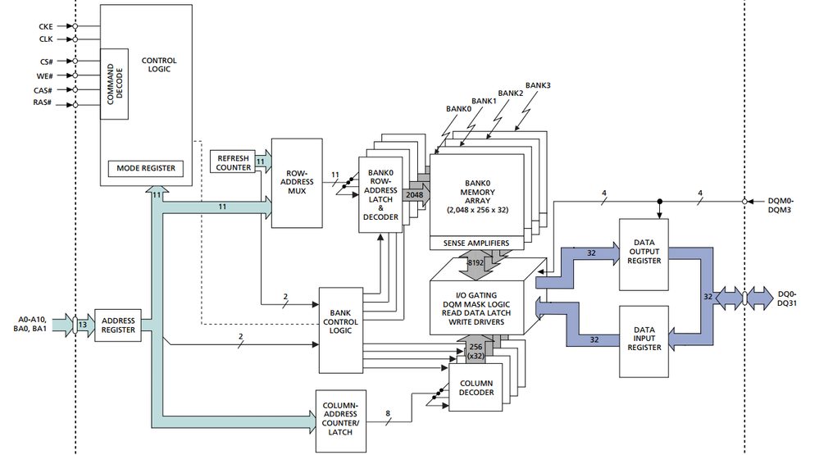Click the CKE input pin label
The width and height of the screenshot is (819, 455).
pos(45,25)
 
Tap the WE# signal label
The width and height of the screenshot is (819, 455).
pos(44,75)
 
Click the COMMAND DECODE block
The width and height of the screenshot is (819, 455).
pos(114,83)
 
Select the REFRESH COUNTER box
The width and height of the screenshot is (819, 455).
pos(233,162)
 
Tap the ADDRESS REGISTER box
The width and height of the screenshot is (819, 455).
pos(119,326)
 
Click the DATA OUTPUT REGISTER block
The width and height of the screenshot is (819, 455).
pos(644,254)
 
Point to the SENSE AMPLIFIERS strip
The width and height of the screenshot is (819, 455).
pos(475,243)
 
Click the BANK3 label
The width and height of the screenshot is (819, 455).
pos(538,85)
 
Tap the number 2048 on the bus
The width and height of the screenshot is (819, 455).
pos(414,195)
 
